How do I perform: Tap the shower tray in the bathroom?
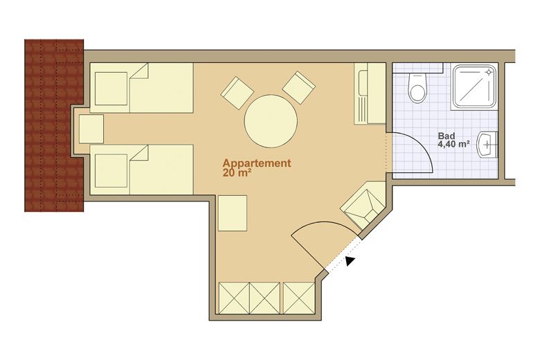click(x=475, y=87)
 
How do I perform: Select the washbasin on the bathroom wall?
click(x=487, y=144)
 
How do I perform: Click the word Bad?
click(x=447, y=136)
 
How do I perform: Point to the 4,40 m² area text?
click(x=454, y=144)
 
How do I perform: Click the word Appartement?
click(x=257, y=163)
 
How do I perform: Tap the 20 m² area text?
click(x=236, y=173)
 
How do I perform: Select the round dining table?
click(x=271, y=121)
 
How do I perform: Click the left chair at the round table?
click(x=237, y=93)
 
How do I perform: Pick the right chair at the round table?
click(x=298, y=88)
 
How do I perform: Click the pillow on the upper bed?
click(x=111, y=89)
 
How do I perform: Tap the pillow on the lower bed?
click(x=111, y=171)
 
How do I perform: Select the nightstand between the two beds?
click(x=91, y=129)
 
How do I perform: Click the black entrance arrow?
click(x=350, y=261)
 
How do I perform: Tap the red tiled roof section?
click(x=54, y=125)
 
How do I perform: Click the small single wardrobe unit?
click(x=299, y=298)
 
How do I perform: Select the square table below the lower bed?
click(x=233, y=213)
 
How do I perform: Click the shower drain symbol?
click(x=489, y=72)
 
